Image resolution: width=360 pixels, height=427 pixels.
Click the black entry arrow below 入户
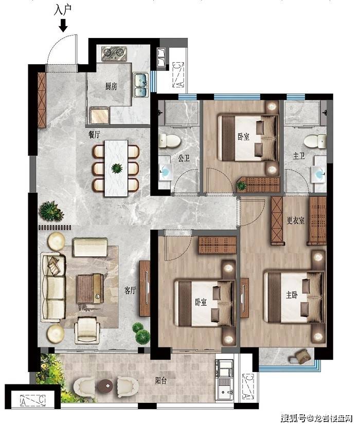tap(63, 27)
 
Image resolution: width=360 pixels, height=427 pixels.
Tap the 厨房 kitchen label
tap(111, 86)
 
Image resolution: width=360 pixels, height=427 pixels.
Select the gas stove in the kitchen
tap(115, 53)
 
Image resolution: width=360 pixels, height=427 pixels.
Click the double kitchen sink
tap(141, 85)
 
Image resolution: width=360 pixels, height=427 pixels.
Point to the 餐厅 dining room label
tap(94, 135)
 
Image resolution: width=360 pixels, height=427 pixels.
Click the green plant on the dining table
tap(117, 169)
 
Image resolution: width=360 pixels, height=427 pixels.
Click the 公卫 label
tap(184, 158)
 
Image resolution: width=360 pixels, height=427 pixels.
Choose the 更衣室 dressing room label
tap(295, 220)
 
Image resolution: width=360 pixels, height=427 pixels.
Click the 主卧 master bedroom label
tap(292, 294)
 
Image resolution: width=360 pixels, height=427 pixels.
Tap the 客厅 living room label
tap(130, 290)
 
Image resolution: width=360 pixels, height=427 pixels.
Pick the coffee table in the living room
tap(91, 288)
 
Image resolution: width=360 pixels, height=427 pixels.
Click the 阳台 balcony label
tap(161, 380)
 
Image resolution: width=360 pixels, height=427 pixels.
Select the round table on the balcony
tap(106, 385)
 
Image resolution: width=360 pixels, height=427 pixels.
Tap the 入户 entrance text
tap(63, 11)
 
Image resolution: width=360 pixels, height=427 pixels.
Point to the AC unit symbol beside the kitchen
tap(178, 75)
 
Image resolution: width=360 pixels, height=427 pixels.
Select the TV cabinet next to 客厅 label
tap(145, 288)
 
